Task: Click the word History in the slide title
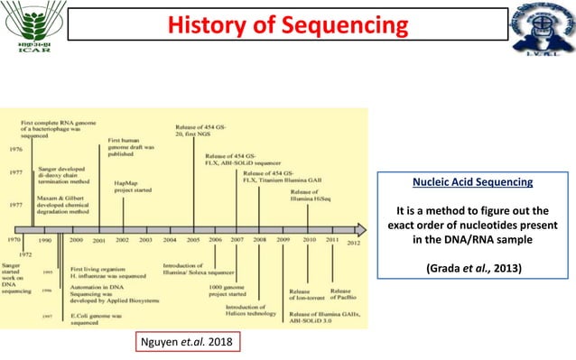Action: pyautogui.click(x=216, y=26)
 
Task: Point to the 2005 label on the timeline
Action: pyautogui.click(x=192, y=241)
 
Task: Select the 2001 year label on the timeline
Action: pyautogui.click(x=98, y=242)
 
